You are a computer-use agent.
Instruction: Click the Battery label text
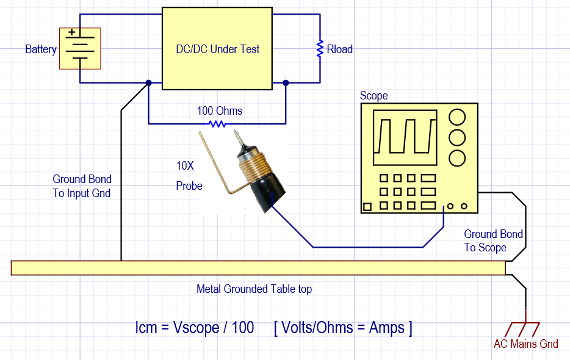click(x=40, y=49)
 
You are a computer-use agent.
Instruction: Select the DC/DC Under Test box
click(x=217, y=49)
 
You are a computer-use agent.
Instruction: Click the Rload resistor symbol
click(x=319, y=49)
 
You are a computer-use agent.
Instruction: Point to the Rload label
click(x=340, y=49)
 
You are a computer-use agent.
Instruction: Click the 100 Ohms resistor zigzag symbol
click(x=217, y=124)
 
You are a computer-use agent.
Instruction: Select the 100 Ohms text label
click(x=219, y=111)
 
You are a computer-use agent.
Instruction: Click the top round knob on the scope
click(x=457, y=116)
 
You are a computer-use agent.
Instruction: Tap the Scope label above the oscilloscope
click(x=373, y=96)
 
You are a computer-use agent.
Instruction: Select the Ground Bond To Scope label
click(x=493, y=240)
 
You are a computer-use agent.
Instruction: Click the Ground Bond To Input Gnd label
click(x=82, y=186)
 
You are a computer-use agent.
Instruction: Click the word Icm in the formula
click(x=148, y=328)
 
